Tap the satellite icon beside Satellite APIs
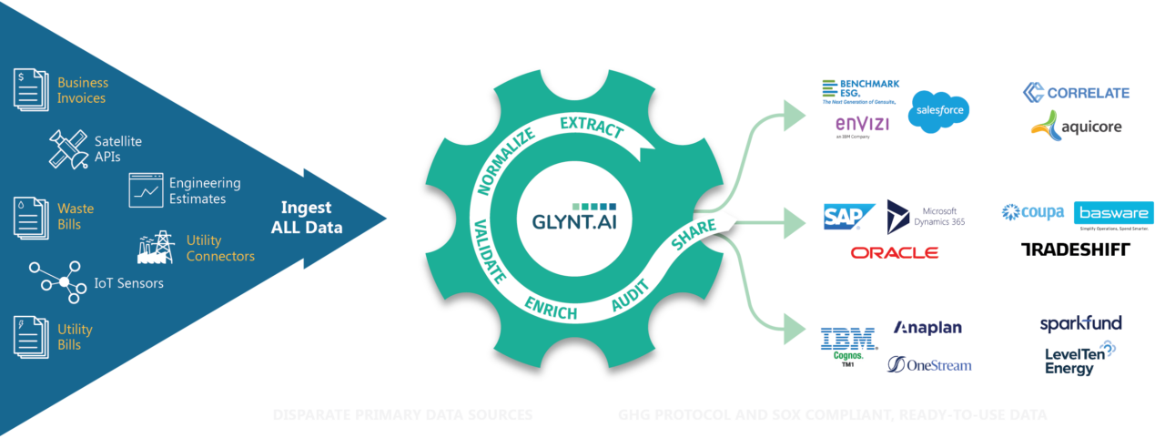point(68,148)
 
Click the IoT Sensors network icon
point(63,282)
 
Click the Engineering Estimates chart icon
point(145,190)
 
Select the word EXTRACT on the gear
point(591,127)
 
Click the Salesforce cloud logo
point(938,111)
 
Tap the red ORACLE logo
point(894,252)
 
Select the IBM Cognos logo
point(848,344)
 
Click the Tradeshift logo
point(1075,250)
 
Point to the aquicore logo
point(1075,125)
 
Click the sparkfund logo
point(1080,323)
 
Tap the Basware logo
point(1113,213)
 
